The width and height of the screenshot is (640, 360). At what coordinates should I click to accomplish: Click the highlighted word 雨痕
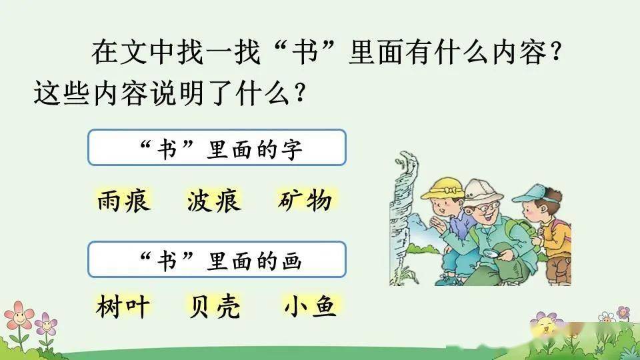(124, 201)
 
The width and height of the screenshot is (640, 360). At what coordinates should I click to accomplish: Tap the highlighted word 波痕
(214, 201)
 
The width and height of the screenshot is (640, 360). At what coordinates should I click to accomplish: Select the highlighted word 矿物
(305, 201)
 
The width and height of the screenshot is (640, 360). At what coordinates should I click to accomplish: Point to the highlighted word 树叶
(123, 307)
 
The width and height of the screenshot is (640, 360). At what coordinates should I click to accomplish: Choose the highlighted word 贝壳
(214, 307)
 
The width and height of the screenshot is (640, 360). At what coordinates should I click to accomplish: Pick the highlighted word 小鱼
(310, 307)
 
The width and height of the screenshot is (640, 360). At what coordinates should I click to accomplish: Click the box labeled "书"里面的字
(217, 147)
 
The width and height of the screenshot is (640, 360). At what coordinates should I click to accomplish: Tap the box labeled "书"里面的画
(217, 259)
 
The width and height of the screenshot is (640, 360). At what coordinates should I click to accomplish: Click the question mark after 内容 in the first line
(556, 52)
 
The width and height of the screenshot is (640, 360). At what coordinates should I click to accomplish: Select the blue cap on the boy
(533, 193)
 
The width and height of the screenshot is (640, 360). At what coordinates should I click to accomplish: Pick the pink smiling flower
(18, 315)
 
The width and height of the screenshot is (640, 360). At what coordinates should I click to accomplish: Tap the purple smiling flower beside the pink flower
(45, 325)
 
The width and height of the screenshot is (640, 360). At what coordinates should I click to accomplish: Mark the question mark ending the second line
(299, 93)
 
